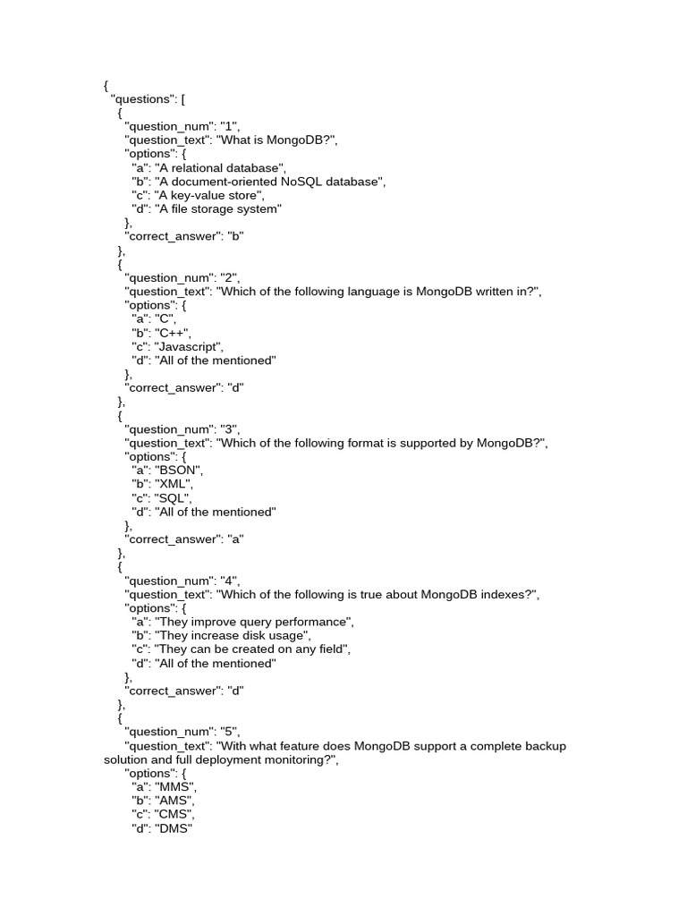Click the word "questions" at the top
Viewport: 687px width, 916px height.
coord(140,99)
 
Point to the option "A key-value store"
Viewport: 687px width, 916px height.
coord(208,195)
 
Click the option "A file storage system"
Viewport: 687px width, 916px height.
coord(218,209)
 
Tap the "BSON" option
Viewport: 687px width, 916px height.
coord(179,471)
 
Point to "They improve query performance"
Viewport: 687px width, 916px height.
coord(253,622)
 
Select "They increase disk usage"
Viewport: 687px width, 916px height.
coord(232,636)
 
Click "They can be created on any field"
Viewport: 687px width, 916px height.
coord(251,649)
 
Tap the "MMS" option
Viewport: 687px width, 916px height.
coord(175,787)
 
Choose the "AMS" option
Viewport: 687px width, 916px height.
coord(174,801)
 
